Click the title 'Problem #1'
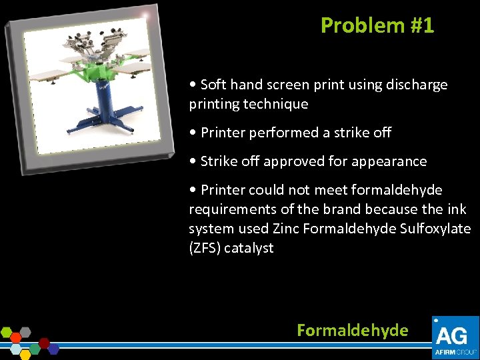[377, 25]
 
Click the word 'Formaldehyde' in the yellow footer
[352, 330]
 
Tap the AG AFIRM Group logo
[455, 337]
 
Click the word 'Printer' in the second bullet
[222, 133]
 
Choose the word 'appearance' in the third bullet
[394, 161]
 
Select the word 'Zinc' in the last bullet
[287, 229]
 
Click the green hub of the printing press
[100, 71]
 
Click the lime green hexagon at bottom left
[7, 331]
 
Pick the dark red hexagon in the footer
[44, 343]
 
